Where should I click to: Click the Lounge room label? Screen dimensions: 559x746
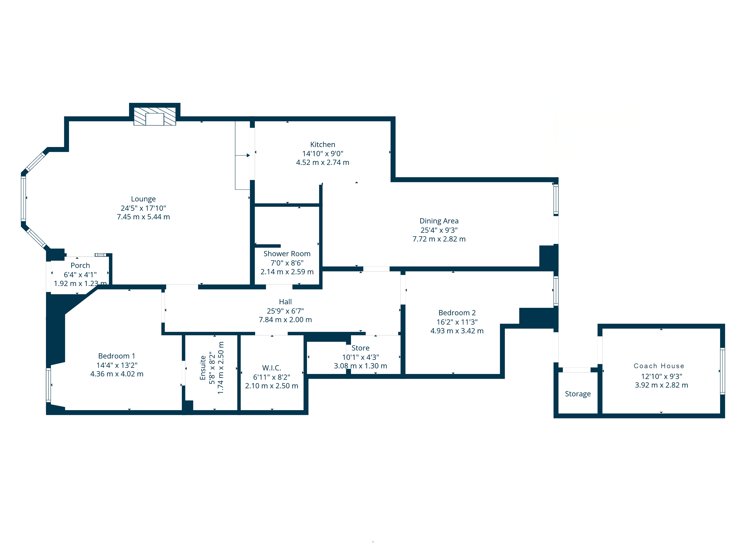click(x=143, y=199)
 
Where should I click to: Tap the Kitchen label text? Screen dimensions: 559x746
click(x=322, y=145)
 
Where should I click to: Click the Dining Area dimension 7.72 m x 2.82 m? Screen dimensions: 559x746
click(x=439, y=239)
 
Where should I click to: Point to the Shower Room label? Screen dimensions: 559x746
click(x=287, y=254)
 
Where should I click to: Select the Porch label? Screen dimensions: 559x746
click(x=80, y=266)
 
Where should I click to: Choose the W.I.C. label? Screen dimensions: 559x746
click(x=272, y=368)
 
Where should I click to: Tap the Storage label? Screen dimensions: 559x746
click(x=578, y=394)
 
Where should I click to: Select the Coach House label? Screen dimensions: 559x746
click(x=659, y=366)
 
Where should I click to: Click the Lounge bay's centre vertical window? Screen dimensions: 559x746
click(x=23, y=199)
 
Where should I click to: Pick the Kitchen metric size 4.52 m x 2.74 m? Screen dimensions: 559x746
click(x=322, y=162)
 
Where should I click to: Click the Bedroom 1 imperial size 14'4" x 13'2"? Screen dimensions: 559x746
click(x=117, y=365)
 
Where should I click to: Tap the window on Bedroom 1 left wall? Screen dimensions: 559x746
click(x=48, y=385)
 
